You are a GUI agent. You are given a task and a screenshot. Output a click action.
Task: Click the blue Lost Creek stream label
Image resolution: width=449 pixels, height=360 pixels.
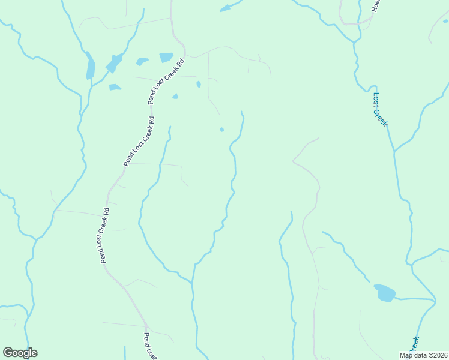pyautogui.click(x=379, y=109)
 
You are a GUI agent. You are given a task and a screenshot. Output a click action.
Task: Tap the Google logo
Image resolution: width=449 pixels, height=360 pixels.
pyautogui.click(x=20, y=353)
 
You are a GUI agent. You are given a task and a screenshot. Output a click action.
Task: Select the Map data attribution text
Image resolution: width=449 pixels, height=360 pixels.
pyautogui.click(x=424, y=355)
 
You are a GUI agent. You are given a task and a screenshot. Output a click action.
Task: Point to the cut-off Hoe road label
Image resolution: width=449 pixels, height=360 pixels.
pyautogui.click(x=376, y=6)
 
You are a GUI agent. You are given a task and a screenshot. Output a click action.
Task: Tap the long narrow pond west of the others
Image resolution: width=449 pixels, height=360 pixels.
pyautogui.click(x=91, y=66)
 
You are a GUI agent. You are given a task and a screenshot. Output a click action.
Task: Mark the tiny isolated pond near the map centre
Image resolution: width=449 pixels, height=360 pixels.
pyautogui.click(x=222, y=130)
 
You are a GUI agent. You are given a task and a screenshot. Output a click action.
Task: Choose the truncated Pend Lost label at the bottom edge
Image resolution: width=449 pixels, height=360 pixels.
pyautogui.click(x=150, y=347)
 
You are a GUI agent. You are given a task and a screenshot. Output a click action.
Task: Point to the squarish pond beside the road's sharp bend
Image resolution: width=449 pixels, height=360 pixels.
pyautogui.click(x=166, y=58)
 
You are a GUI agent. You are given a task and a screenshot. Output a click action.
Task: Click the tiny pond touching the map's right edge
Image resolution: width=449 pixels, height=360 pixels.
pyautogui.click(x=445, y=22)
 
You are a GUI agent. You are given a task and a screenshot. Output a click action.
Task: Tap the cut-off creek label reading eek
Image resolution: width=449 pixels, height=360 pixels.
pyautogui.click(x=414, y=344)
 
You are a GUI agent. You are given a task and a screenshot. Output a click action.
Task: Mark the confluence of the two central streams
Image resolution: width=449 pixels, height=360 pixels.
pyautogui.click(x=193, y=280)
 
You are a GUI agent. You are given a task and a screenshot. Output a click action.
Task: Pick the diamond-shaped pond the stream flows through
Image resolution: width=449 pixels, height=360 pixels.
pyautogui.click(x=114, y=62)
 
